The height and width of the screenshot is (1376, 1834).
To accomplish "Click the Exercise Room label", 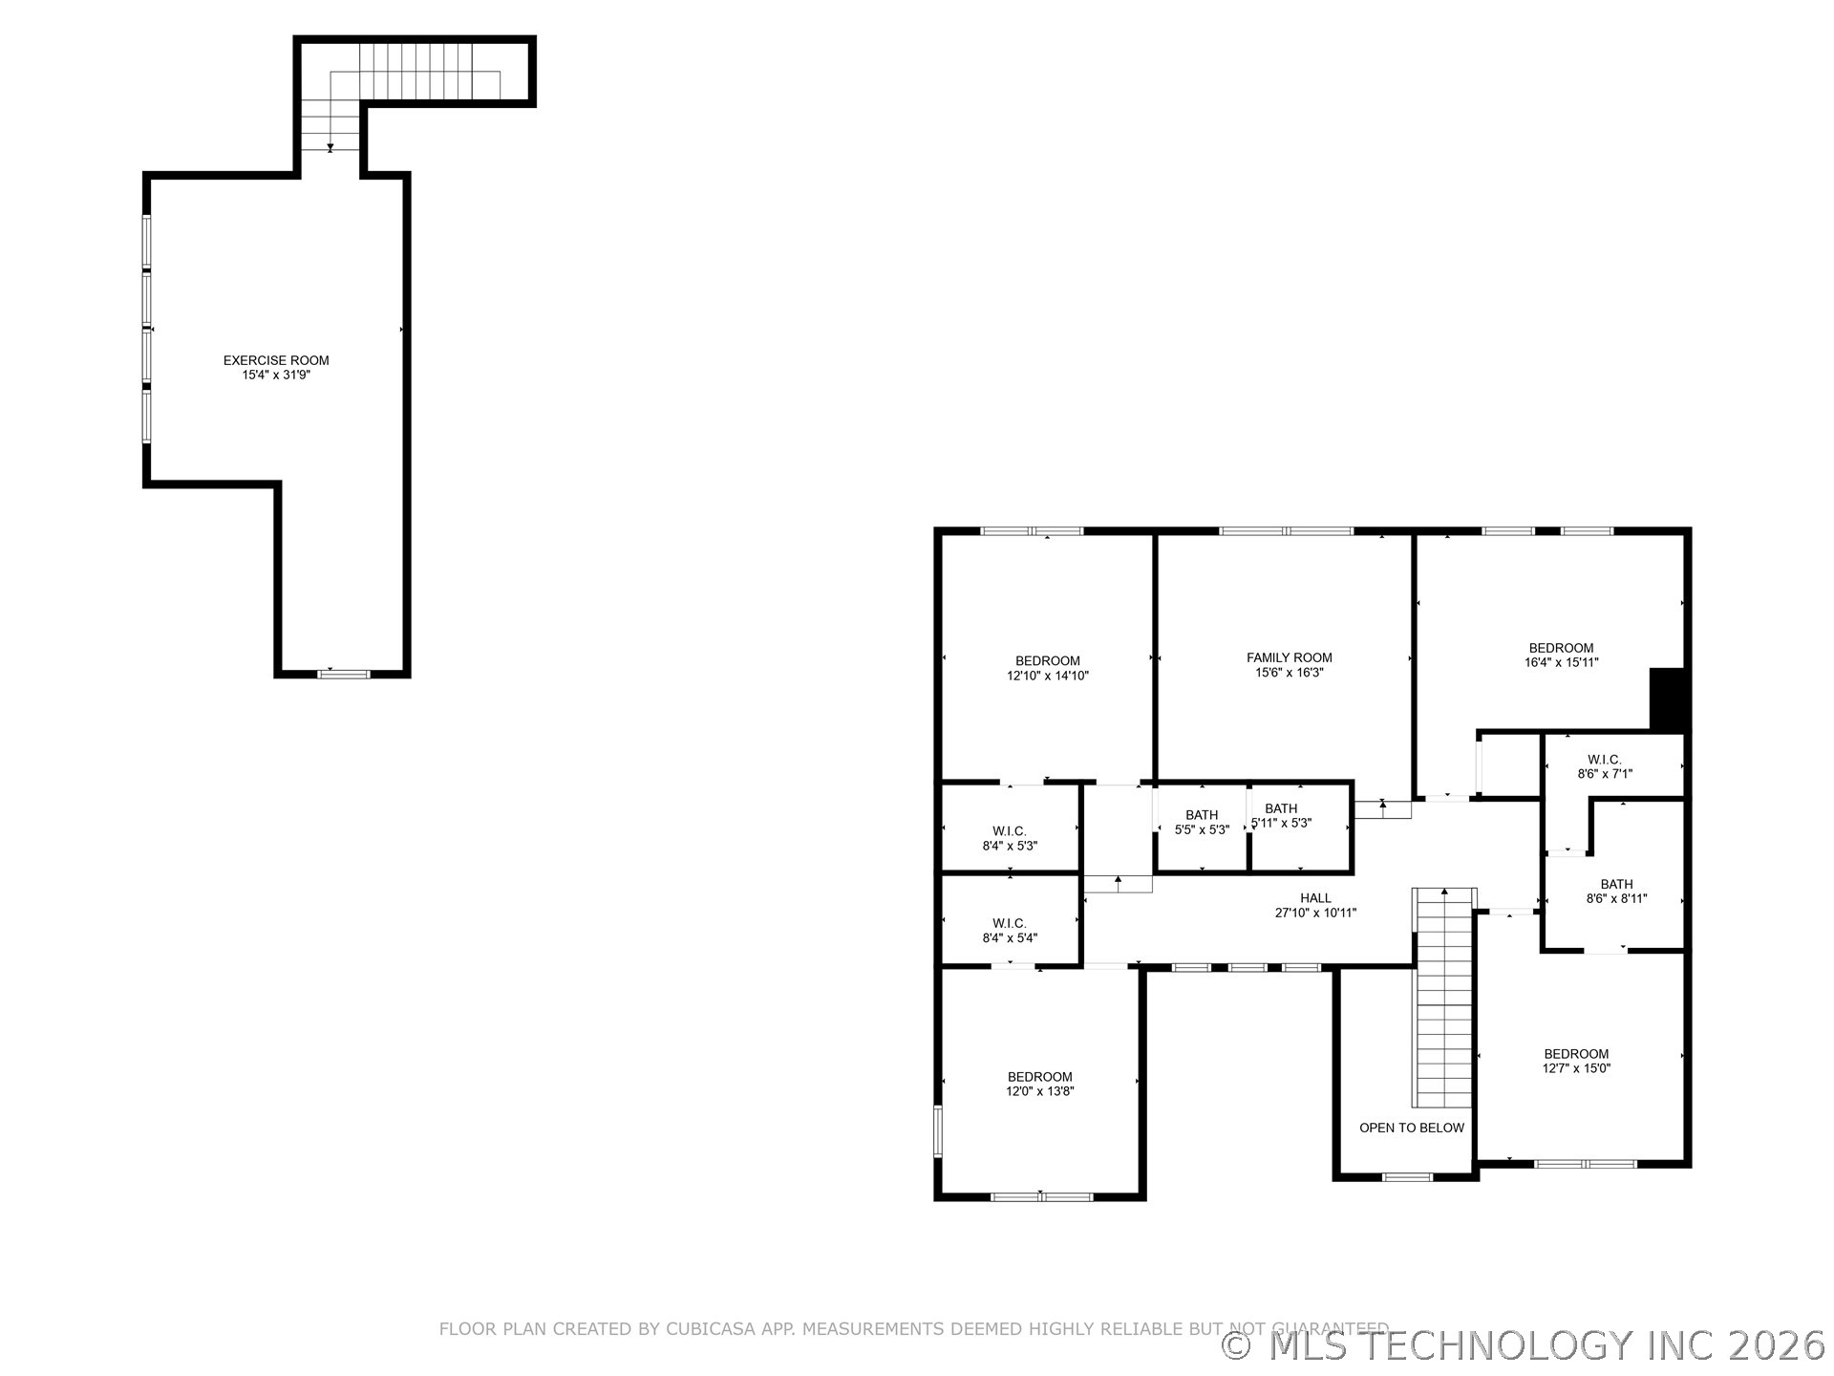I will click(x=276, y=360).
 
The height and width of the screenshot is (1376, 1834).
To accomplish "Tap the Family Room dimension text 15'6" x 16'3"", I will click(x=1289, y=673).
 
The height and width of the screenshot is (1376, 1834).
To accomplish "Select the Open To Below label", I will click(x=1411, y=1128).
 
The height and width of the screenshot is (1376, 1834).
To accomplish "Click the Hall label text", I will click(x=1315, y=898).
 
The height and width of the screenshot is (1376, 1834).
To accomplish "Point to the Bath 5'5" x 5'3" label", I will click(x=1202, y=823).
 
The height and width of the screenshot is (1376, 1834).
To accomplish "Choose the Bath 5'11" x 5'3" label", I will click(x=1281, y=816).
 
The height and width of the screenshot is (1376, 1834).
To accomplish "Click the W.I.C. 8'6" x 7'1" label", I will click(x=1605, y=766).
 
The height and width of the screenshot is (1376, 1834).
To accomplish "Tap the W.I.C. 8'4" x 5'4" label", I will click(x=1010, y=931).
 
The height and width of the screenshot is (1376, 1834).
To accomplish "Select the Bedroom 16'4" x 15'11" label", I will click(x=1561, y=655).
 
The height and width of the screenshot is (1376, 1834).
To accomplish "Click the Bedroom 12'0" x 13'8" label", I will click(x=1039, y=1084).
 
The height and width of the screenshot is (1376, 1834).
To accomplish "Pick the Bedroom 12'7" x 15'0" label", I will click(x=1576, y=1061).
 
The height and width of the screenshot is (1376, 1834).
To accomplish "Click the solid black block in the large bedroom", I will click(x=1668, y=699).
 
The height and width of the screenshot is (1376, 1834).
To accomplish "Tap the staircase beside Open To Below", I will click(x=1443, y=999).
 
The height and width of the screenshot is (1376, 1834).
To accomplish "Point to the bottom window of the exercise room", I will click(x=343, y=674).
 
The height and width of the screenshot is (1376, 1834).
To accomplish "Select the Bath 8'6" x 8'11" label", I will click(x=1616, y=892).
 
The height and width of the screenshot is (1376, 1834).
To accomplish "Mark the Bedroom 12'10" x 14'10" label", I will click(x=1047, y=668).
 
